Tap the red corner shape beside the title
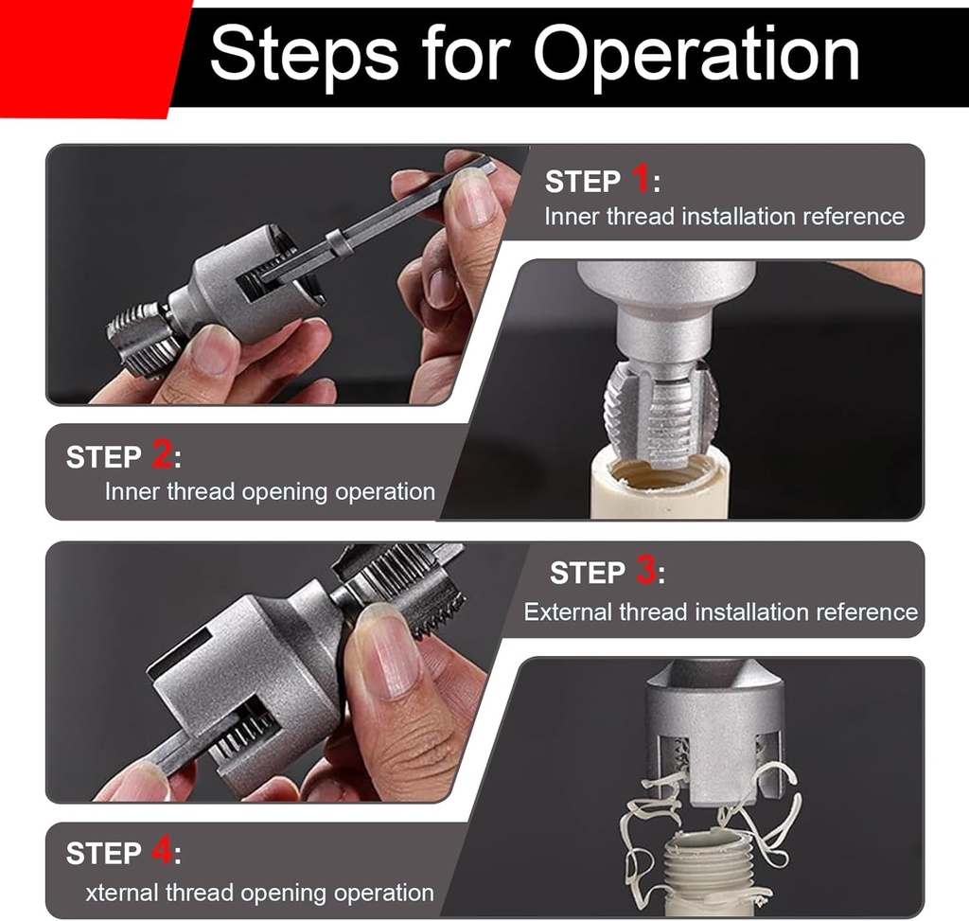point(85,57)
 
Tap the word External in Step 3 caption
point(568,612)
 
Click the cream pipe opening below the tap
point(659,473)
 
